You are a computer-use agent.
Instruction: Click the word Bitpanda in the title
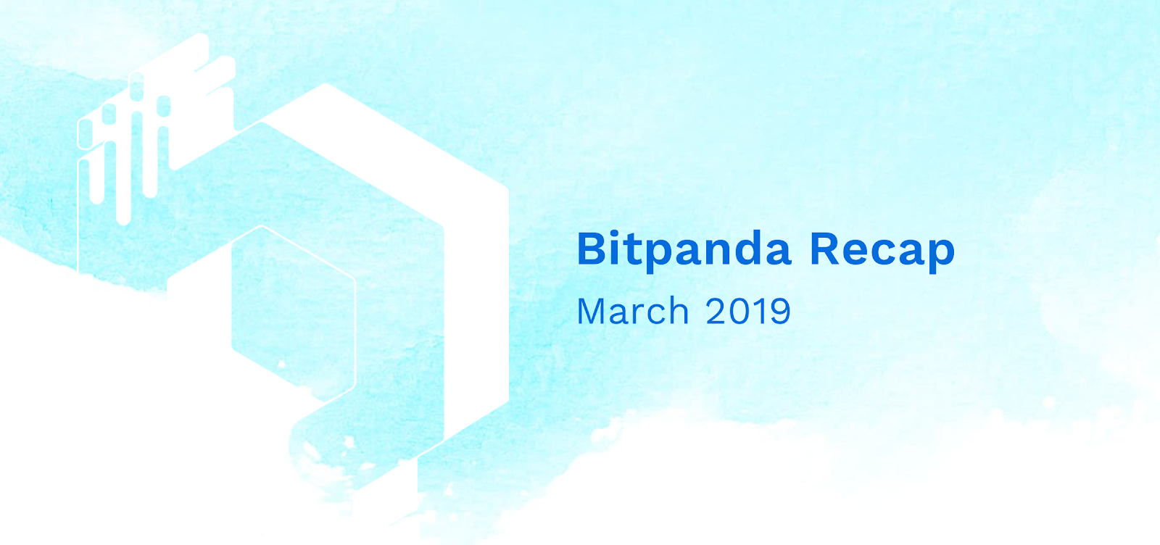click(x=684, y=251)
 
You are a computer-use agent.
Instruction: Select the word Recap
click(x=882, y=251)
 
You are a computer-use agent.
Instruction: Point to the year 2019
click(x=747, y=311)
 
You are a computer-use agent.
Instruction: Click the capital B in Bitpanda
click(x=592, y=249)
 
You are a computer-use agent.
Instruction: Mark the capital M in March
click(x=592, y=311)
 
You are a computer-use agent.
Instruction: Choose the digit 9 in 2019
click(x=780, y=311)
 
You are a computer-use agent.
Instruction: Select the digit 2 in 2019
click(x=716, y=310)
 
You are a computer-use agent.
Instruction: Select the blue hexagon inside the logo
click(x=293, y=314)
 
